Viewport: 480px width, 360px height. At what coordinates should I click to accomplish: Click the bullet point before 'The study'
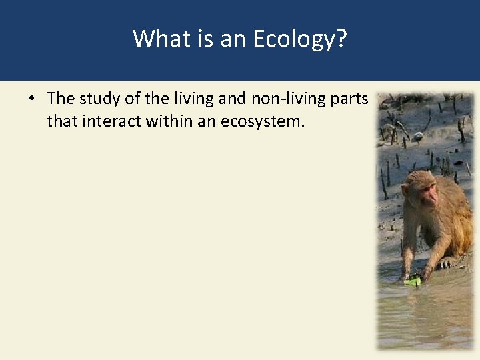(x=31, y=99)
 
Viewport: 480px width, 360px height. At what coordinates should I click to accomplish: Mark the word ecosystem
(x=262, y=121)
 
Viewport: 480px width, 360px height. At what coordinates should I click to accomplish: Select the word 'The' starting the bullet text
(x=61, y=99)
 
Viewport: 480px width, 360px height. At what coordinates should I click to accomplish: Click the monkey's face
(x=427, y=193)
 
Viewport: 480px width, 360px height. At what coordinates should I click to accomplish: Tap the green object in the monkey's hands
(x=413, y=281)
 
